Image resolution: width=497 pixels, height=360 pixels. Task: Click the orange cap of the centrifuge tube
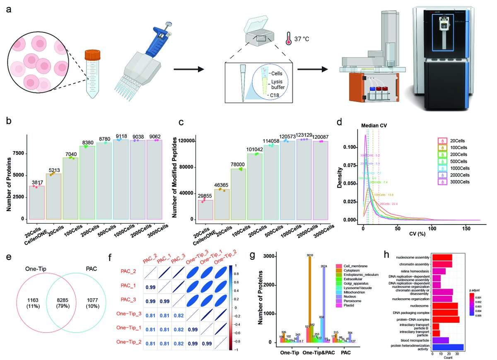(92, 55)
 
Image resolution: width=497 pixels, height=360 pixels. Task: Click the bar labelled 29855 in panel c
(205, 210)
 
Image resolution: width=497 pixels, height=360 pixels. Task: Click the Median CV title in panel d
(374, 125)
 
